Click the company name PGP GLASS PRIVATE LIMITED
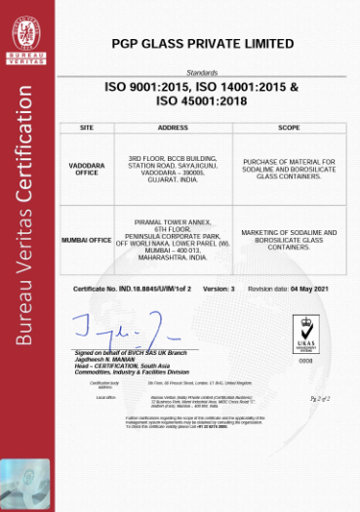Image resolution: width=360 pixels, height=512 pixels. pyautogui.click(x=201, y=44)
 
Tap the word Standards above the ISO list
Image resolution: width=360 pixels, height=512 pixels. pyautogui.click(x=201, y=73)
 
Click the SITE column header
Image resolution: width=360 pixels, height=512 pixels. pyautogui.click(x=86, y=128)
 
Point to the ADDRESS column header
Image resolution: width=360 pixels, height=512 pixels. pyautogui.click(x=172, y=128)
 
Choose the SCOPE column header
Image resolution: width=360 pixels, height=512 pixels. pyautogui.click(x=289, y=128)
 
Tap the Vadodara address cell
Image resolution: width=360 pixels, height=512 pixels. pyautogui.click(x=172, y=170)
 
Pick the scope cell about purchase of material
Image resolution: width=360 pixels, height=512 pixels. pyautogui.click(x=289, y=169)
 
